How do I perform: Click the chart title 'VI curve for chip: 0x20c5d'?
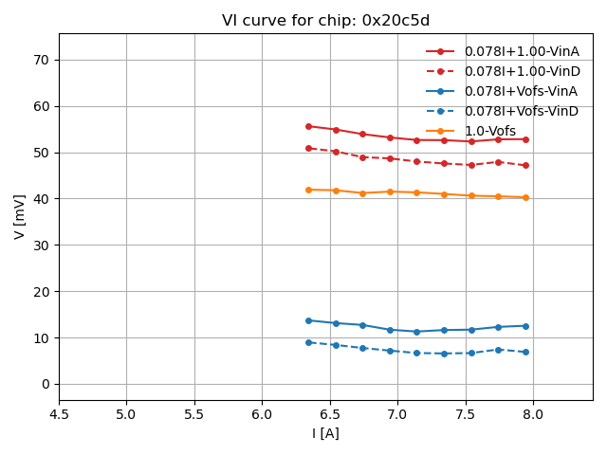pos(325,21)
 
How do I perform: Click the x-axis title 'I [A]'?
pos(325,433)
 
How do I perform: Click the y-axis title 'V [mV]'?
pos(20,216)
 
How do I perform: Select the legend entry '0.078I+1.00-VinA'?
pos(521,51)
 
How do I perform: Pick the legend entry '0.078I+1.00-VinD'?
pos(521,71)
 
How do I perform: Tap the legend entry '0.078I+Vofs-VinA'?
pos(521,91)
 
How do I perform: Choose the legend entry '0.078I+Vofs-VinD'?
pos(521,111)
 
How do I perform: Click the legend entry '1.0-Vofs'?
pos(489,131)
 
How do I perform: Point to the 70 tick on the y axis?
pos(42,60)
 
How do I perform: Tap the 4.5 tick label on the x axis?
pos(59,414)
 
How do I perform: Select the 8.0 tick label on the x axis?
pos(533,414)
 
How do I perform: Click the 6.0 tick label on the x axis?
pos(262,414)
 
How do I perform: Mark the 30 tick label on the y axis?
pos(42,245)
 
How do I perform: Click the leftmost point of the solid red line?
pos(308,126)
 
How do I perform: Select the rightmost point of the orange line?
pos(525,197)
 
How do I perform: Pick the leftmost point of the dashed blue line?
pos(308,342)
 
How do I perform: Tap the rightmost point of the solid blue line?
pos(525,326)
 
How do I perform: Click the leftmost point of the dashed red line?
pos(308,148)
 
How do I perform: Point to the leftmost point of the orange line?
pos(308,190)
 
